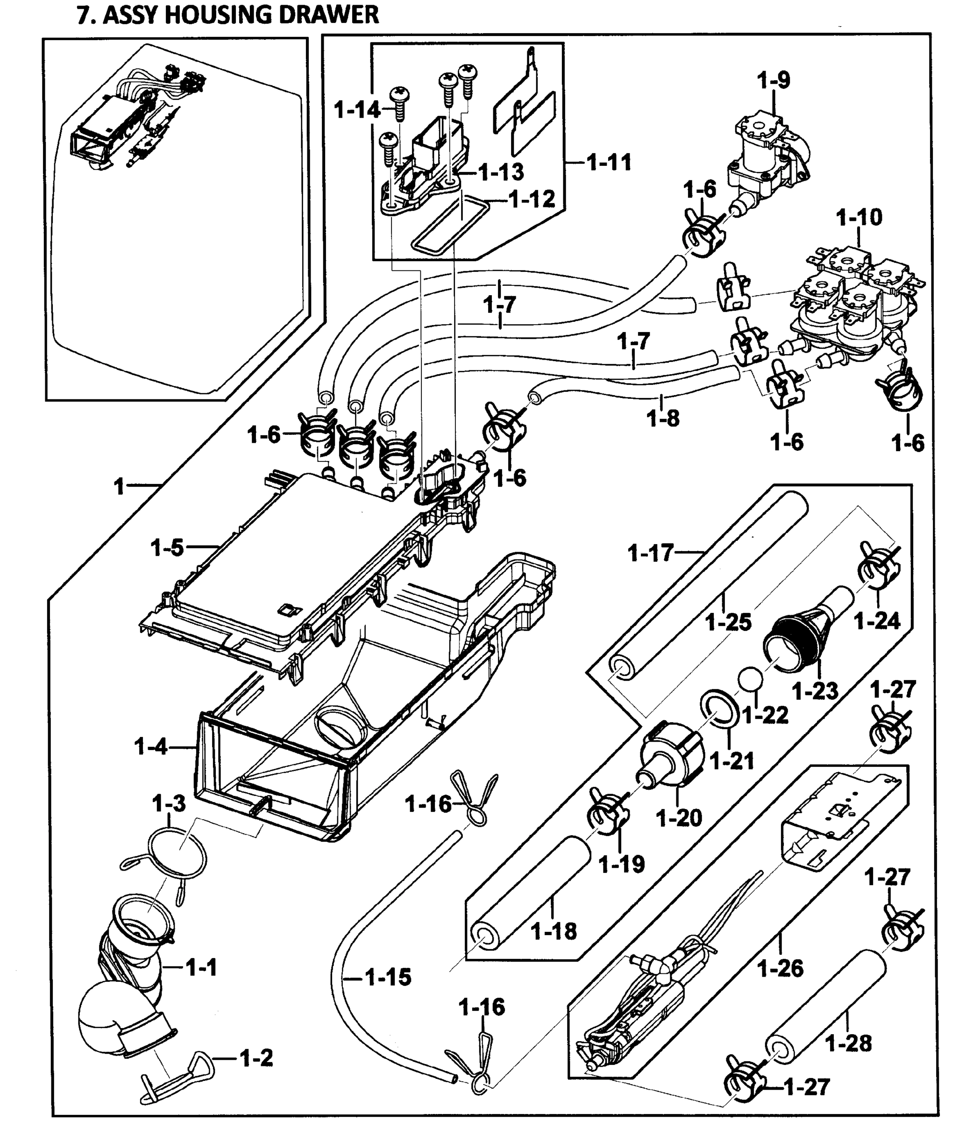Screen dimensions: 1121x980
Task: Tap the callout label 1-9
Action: pos(773,81)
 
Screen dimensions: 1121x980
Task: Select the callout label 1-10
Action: pos(859,218)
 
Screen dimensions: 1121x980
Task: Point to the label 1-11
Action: pos(609,163)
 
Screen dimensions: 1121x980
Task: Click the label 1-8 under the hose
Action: pos(663,419)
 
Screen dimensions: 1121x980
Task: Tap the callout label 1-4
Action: pos(150,746)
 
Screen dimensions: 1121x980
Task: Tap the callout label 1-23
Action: pos(815,691)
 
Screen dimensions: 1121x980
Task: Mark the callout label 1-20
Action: pos(679,819)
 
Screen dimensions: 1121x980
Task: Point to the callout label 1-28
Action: pos(848,1043)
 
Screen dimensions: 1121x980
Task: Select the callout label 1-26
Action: pos(781,968)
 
